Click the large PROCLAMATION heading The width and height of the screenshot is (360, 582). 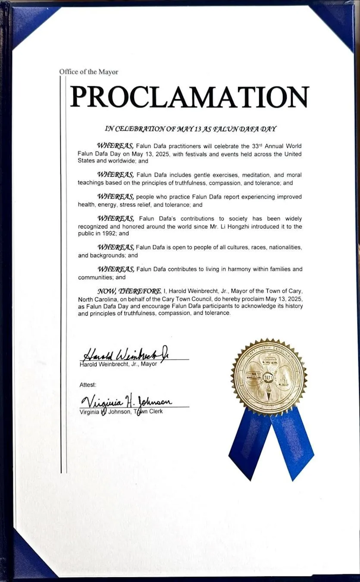190,97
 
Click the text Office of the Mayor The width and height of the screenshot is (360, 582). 89,72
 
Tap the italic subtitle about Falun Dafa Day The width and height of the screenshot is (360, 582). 190,128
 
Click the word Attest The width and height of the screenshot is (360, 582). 88,384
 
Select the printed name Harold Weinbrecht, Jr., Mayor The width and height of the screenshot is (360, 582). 119,364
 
